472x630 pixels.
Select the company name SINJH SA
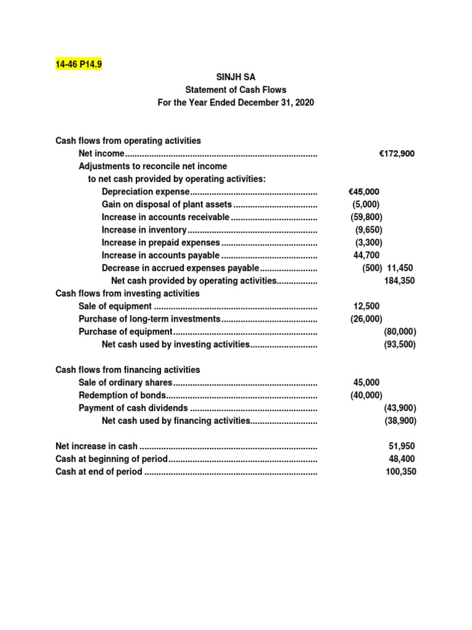(235, 77)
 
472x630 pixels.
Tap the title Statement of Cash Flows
(236, 90)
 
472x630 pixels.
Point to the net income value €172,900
(396, 154)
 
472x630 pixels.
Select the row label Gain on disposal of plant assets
(167, 204)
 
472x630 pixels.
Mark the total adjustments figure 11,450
(401, 268)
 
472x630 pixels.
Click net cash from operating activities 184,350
(399, 281)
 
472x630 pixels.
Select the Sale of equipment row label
(115, 306)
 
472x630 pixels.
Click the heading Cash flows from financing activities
(128, 370)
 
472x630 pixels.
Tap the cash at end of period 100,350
(401, 472)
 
